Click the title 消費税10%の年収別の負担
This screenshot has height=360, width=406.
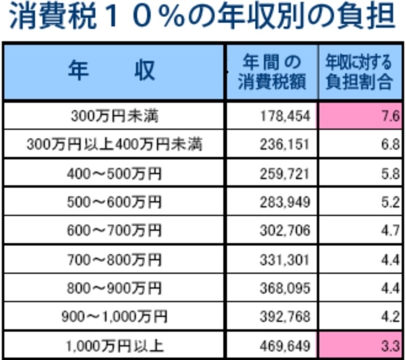(202, 18)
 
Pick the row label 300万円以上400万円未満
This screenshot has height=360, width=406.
(114, 145)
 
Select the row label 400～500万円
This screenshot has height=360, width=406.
(114, 174)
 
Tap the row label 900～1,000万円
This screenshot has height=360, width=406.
(114, 317)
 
